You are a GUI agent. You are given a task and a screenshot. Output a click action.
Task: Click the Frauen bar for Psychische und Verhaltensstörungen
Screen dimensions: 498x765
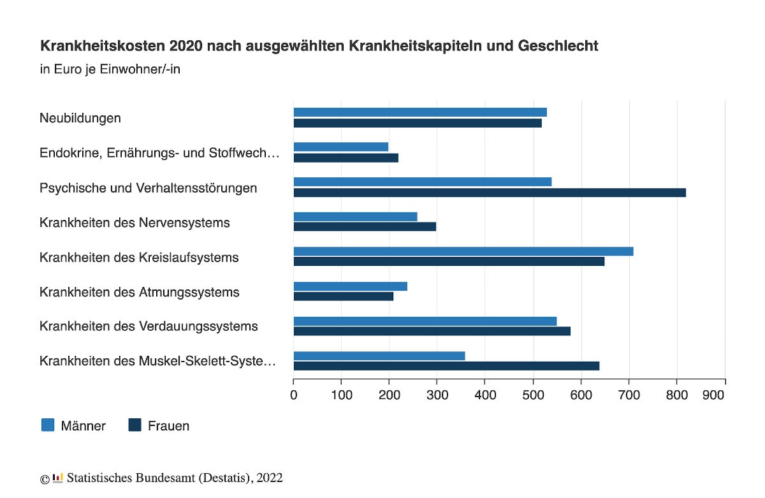(x=490, y=193)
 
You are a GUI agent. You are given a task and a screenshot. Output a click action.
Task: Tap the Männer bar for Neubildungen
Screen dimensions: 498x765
(x=420, y=112)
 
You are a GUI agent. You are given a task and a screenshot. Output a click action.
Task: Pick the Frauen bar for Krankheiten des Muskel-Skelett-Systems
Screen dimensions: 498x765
(x=446, y=366)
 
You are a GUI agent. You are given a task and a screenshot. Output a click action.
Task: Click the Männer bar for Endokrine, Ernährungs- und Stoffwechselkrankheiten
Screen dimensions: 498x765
(x=341, y=147)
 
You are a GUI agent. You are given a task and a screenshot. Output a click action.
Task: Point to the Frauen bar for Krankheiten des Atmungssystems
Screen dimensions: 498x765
(x=344, y=297)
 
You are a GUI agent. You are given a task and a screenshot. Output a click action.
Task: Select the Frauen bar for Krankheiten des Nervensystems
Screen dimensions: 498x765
(x=365, y=227)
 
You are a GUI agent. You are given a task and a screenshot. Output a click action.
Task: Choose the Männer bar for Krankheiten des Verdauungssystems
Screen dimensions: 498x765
(x=425, y=321)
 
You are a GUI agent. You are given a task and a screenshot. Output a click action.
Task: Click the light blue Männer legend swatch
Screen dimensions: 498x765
(x=48, y=425)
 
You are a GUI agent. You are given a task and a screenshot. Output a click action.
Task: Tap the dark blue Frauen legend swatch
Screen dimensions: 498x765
(x=135, y=425)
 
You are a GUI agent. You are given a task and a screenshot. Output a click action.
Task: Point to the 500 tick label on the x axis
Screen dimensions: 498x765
(x=533, y=395)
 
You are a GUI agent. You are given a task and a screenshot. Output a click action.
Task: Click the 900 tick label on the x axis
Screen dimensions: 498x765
(x=713, y=395)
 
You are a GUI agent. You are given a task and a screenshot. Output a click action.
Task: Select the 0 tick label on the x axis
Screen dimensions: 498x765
(x=294, y=395)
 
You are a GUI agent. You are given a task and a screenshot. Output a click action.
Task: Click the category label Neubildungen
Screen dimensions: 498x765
(x=80, y=118)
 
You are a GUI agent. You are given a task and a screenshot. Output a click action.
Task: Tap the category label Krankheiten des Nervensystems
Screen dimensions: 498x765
(x=135, y=223)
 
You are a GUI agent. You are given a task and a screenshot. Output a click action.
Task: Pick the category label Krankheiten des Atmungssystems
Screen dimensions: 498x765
(x=140, y=292)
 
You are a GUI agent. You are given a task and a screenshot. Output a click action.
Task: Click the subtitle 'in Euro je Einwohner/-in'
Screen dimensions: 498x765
(x=110, y=69)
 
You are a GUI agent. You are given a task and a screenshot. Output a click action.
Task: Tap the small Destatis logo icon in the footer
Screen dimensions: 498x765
(x=58, y=478)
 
